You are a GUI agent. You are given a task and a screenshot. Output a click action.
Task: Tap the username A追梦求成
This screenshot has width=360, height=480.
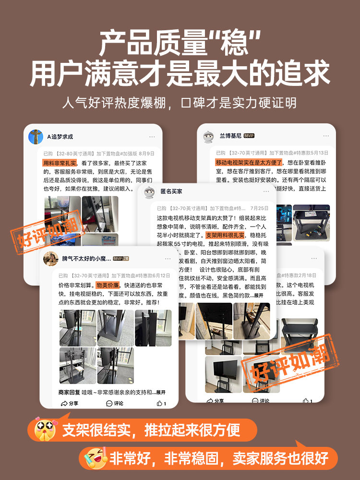pos(60,137)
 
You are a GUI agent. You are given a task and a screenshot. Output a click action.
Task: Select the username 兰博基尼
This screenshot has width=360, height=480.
pos(230,136)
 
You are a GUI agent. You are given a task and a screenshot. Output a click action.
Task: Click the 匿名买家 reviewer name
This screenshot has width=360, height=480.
pos(171,192)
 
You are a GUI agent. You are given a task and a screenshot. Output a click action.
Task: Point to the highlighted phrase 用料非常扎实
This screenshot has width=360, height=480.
pos(59,163)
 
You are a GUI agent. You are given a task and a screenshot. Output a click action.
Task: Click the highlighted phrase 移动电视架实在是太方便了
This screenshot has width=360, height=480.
pos(249,163)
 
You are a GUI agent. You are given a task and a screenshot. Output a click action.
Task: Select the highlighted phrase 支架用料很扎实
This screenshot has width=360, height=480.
pos(225,235)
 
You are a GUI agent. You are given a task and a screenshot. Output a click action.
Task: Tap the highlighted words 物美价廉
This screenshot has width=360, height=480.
pos(109,286)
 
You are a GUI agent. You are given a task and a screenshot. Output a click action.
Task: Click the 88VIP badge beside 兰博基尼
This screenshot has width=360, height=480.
pos(249,136)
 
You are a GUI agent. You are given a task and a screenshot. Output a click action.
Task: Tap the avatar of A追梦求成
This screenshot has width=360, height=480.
pos(36,137)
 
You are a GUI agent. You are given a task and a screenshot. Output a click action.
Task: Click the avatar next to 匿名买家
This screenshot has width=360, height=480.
pos(149,192)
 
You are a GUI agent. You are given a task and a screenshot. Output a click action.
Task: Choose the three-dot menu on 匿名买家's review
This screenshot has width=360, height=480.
pos(266,192)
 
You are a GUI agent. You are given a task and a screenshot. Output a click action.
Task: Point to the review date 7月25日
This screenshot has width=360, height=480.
pos(259,208)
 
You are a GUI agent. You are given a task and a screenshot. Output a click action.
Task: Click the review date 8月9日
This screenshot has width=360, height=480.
pos(147,154)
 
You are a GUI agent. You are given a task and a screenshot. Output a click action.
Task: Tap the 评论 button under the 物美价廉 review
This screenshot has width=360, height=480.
pos(115,403)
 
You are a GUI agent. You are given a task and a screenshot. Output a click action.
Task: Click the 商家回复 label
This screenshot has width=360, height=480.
pos(68,392)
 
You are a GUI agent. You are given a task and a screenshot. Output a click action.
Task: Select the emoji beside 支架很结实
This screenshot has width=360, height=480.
pos(44,429)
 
